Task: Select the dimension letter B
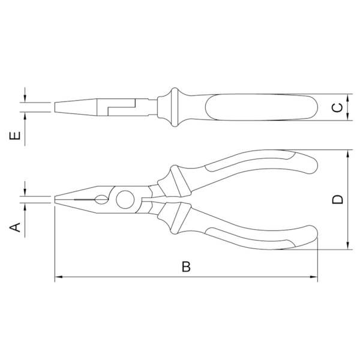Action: tap(186, 267)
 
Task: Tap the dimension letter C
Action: tap(338, 108)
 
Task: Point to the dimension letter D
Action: tap(338, 199)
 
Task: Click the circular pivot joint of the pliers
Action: tap(126, 200)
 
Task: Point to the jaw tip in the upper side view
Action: tap(56, 107)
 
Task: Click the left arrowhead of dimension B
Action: tap(58, 277)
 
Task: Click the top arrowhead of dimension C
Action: tap(348, 97)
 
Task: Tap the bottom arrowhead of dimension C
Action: tap(348, 118)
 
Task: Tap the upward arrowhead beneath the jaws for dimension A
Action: tap(25, 208)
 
